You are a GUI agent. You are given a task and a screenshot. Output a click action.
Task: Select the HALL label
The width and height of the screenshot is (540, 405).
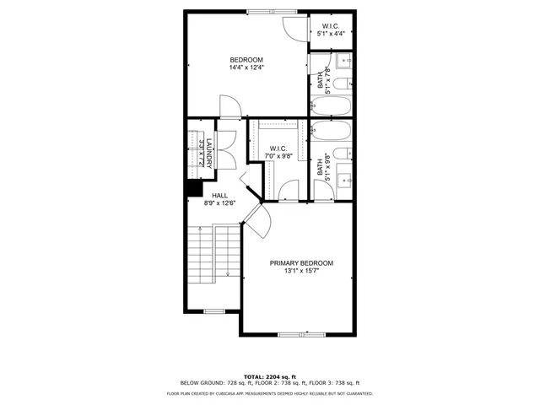219,198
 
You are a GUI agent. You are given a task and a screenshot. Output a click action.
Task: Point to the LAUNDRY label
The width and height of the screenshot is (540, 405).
199,151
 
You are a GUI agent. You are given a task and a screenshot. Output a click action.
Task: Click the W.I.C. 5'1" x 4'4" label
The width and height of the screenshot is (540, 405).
331,30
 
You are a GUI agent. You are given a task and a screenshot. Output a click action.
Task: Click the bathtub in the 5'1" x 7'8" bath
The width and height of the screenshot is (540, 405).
330,106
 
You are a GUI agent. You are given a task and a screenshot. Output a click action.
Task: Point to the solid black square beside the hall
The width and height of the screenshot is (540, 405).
193,189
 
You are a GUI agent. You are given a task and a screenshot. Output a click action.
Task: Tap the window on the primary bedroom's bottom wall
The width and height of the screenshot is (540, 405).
301,334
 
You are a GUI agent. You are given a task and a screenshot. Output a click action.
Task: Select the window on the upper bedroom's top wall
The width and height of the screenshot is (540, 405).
272,12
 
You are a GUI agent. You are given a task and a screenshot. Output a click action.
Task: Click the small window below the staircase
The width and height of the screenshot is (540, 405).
214,310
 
